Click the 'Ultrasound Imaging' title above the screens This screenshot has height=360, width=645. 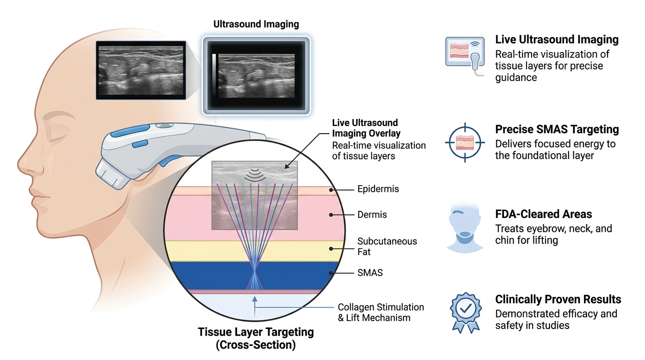[x=256, y=24]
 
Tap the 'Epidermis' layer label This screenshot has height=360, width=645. [x=378, y=189]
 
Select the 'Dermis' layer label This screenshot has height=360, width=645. [x=372, y=215]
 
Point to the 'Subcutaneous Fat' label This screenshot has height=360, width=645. [x=387, y=247]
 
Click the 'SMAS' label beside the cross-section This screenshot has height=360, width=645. [x=370, y=273]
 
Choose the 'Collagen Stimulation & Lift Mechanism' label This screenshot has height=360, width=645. [x=381, y=313]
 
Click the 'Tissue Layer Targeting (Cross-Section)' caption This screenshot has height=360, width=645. [x=255, y=338]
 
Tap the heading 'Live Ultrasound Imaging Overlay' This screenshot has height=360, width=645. [x=366, y=128]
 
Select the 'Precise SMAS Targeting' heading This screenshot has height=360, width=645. [x=557, y=129]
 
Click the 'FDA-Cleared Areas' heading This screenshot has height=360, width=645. [x=543, y=214]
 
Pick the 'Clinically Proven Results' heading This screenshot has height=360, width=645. [x=558, y=300]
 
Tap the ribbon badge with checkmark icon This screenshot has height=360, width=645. [x=465, y=313]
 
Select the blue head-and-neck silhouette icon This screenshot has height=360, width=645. [x=465, y=227]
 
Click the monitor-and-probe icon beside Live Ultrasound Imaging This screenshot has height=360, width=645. [x=465, y=56]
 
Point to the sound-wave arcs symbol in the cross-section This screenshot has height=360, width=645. [x=255, y=175]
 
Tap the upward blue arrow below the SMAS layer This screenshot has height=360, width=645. [x=255, y=307]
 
